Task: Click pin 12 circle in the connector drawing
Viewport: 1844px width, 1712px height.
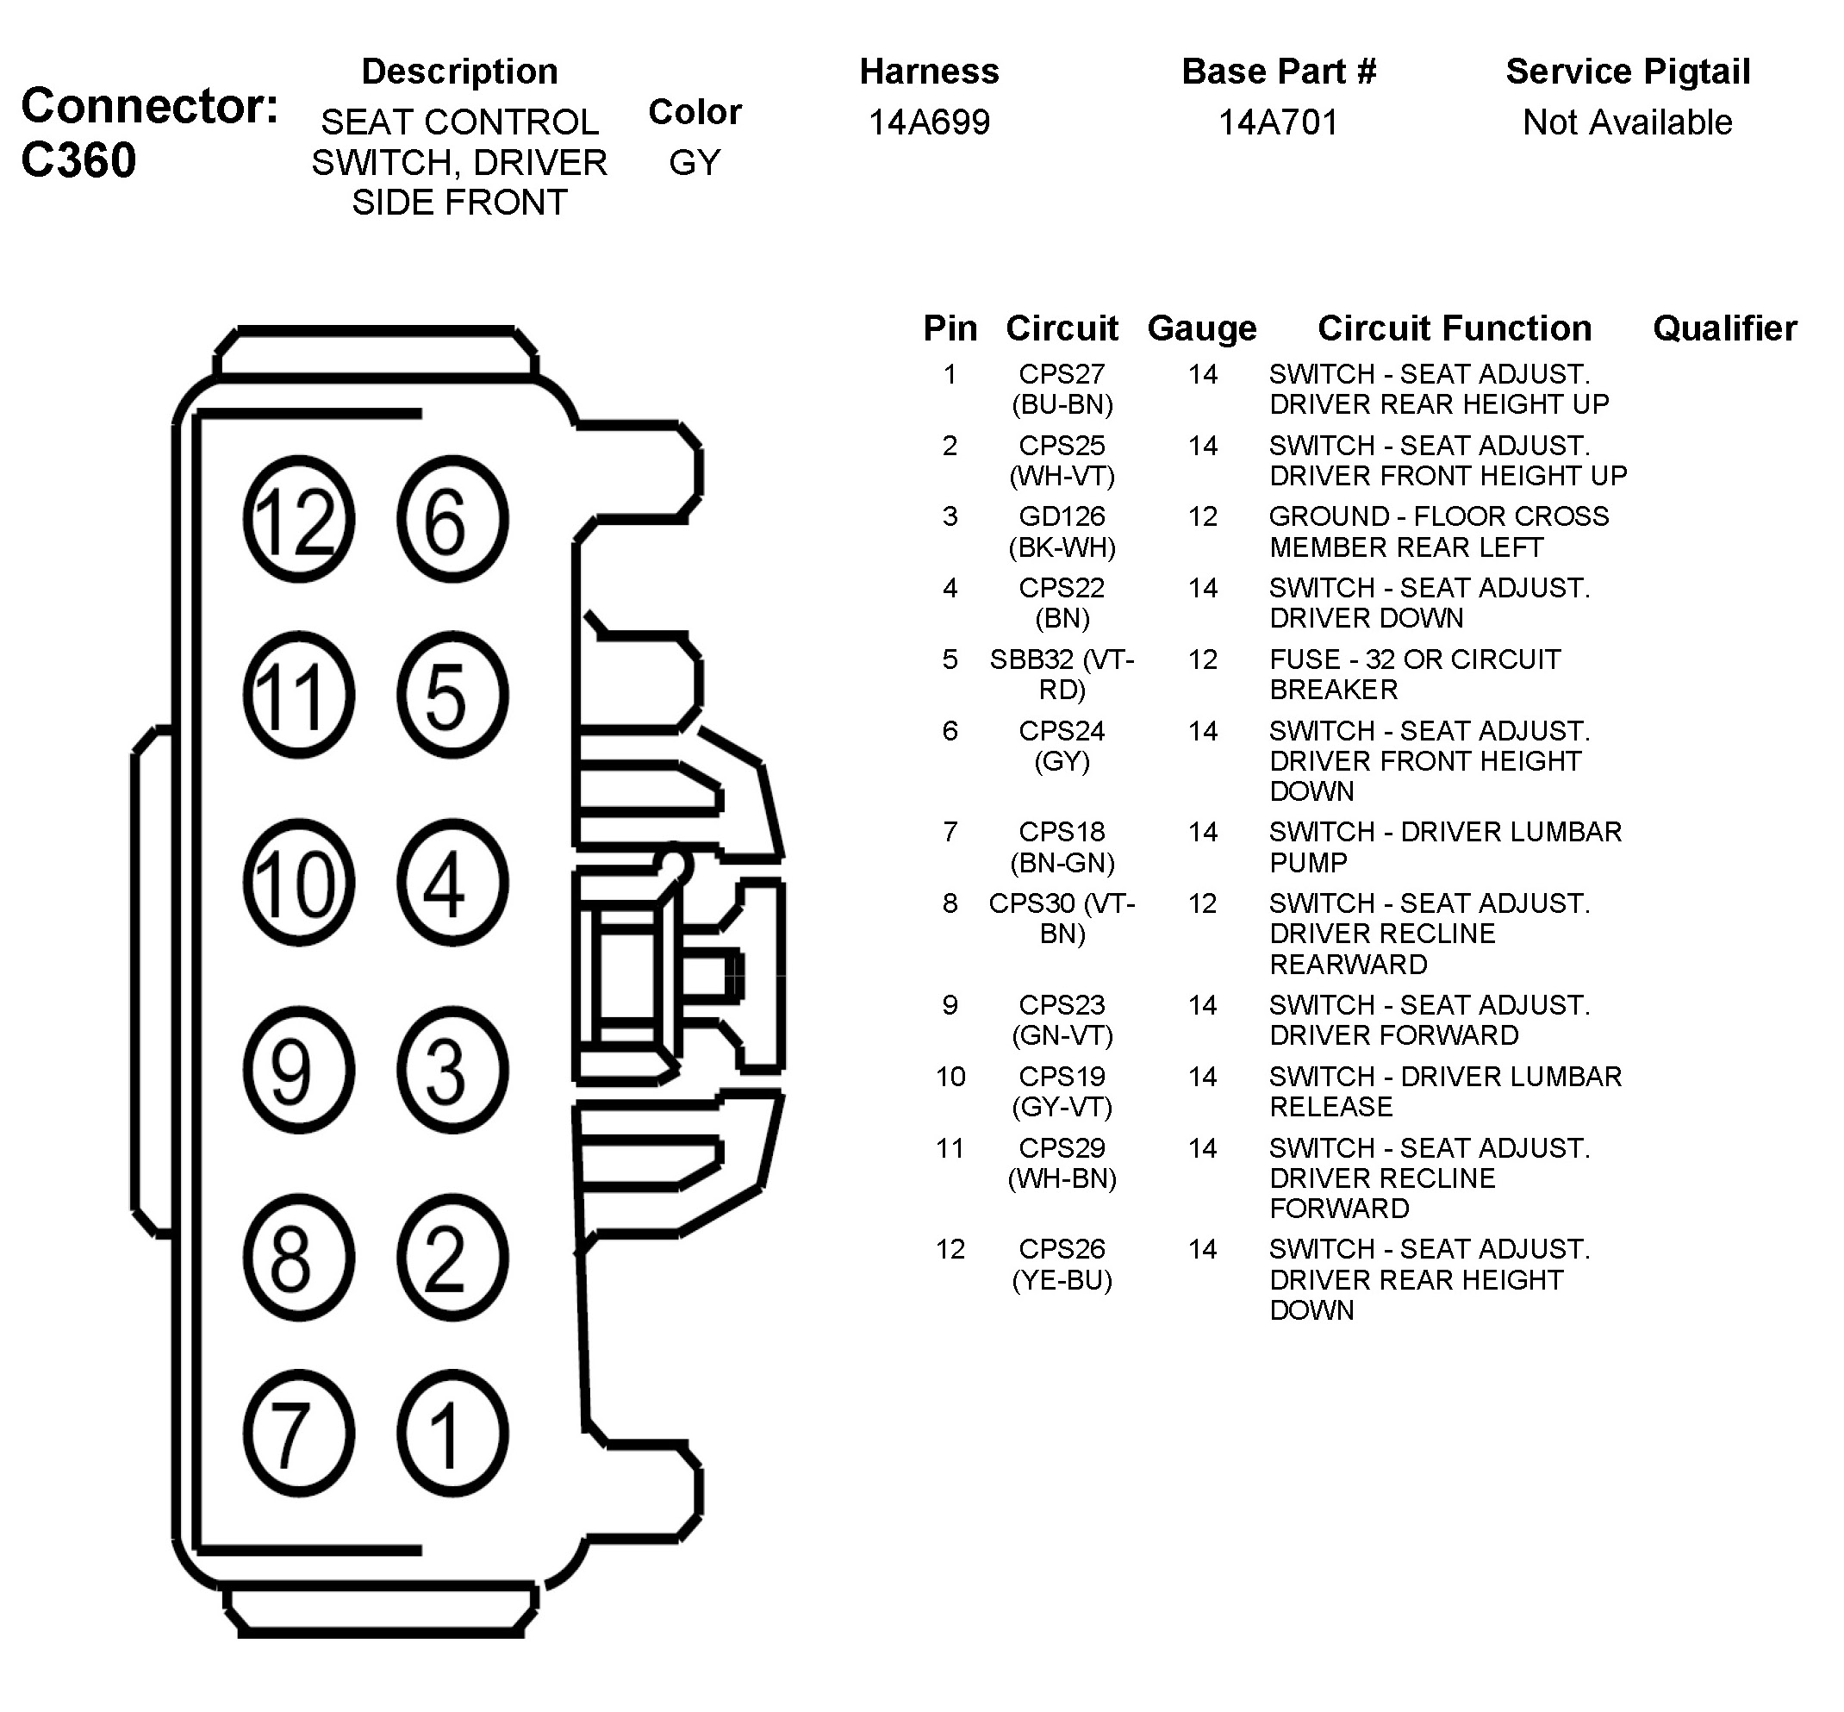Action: [298, 519]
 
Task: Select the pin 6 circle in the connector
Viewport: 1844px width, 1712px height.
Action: [452, 519]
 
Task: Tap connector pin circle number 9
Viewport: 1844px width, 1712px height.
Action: [298, 1070]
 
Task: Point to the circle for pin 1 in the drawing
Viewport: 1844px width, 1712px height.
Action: [452, 1434]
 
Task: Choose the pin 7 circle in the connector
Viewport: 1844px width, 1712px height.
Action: [298, 1434]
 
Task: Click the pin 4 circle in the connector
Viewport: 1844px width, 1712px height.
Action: [452, 882]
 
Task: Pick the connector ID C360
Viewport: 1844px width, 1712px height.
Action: [78, 160]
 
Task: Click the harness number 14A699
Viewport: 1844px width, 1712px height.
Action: [929, 122]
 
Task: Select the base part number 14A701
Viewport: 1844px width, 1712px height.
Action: [1278, 122]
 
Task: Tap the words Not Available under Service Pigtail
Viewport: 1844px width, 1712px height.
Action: [1627, 122]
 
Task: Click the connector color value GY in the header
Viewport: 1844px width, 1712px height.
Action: [695, 163]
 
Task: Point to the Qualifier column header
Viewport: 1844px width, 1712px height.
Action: [1724, 328]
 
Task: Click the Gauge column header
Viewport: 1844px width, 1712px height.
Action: [1202, 328]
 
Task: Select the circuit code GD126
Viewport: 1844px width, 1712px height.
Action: [1062, 516]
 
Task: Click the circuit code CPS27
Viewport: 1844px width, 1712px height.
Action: [1062, 374]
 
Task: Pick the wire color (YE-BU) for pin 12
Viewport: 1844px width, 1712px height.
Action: [1062, 1279]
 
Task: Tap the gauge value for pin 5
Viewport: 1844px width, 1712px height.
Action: [1202, 659]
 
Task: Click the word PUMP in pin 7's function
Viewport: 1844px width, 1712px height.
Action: [1308, 863]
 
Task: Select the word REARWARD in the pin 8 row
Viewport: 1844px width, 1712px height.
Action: [1348, 965]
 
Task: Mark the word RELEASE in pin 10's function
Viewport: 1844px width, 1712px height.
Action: [1331, 1106]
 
